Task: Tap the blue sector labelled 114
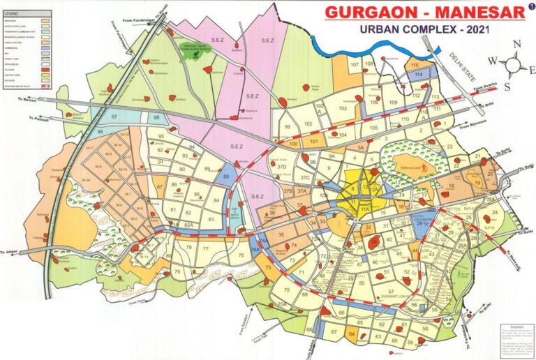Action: pos(418,74)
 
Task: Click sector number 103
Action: pos(343,109)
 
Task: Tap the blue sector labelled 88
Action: pos(226,177)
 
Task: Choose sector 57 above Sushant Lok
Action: pos(391,290)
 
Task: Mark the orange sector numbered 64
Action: pos(351,335)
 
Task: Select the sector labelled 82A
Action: pos(187,225)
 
